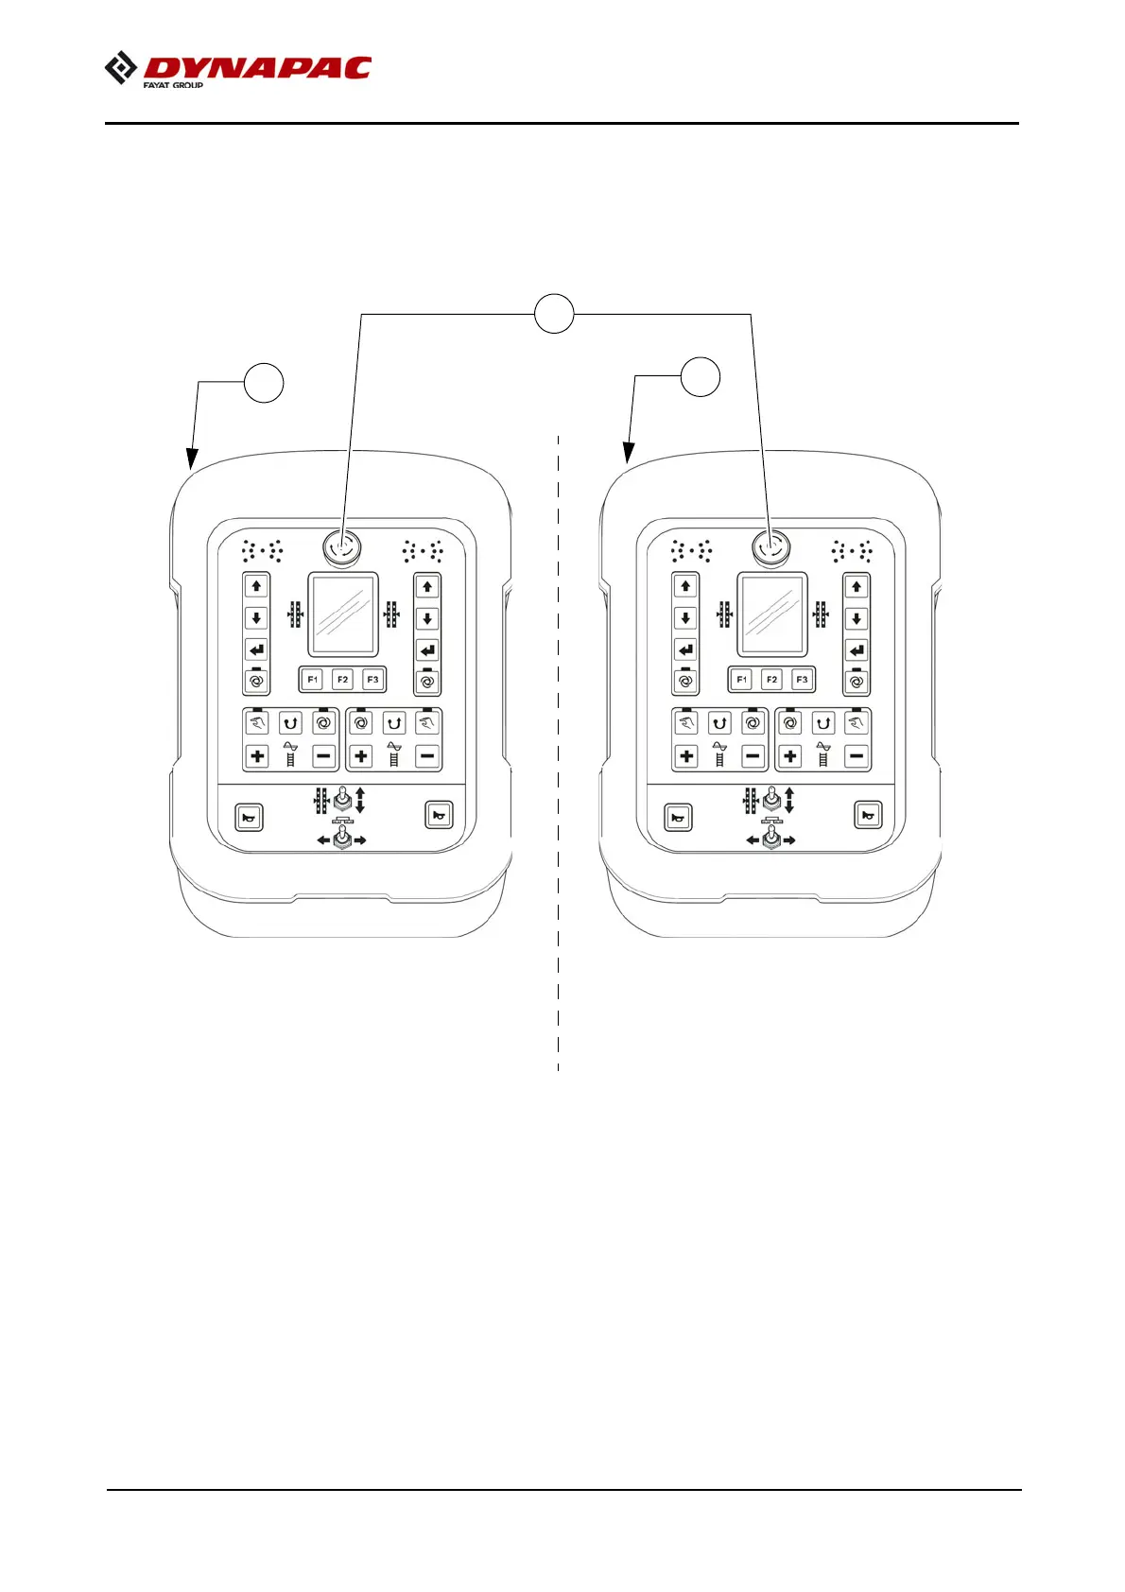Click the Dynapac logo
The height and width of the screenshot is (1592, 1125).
(x=237, y=70)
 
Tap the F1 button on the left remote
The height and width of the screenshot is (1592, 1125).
(x=313, y=680)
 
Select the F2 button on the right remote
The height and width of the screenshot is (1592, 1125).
(x=771, y=680)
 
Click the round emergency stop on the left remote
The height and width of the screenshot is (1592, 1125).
(x=340, y=545)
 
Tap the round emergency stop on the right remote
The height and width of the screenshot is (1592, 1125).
(x=770, y=545)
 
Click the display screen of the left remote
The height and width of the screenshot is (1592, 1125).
(x=343, y=614)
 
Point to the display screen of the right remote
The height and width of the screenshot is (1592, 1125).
(x=772, y=614)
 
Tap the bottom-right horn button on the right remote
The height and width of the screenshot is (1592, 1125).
(x=868, y=815)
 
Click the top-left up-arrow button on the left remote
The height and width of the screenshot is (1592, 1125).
(x=256, y=586)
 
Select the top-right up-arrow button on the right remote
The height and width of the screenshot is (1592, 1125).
(x=857, y=586)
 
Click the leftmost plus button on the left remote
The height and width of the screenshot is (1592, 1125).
(x=257, y=756)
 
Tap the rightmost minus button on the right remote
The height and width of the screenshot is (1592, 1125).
(x=857, y=756)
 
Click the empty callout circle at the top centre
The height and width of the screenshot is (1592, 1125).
(x=554, y=313)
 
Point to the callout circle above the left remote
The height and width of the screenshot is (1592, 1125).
(x=264, y=382)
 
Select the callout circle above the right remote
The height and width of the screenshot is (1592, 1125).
(x=701, y=376)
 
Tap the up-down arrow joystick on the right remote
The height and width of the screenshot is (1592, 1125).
(x=772, y=801)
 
